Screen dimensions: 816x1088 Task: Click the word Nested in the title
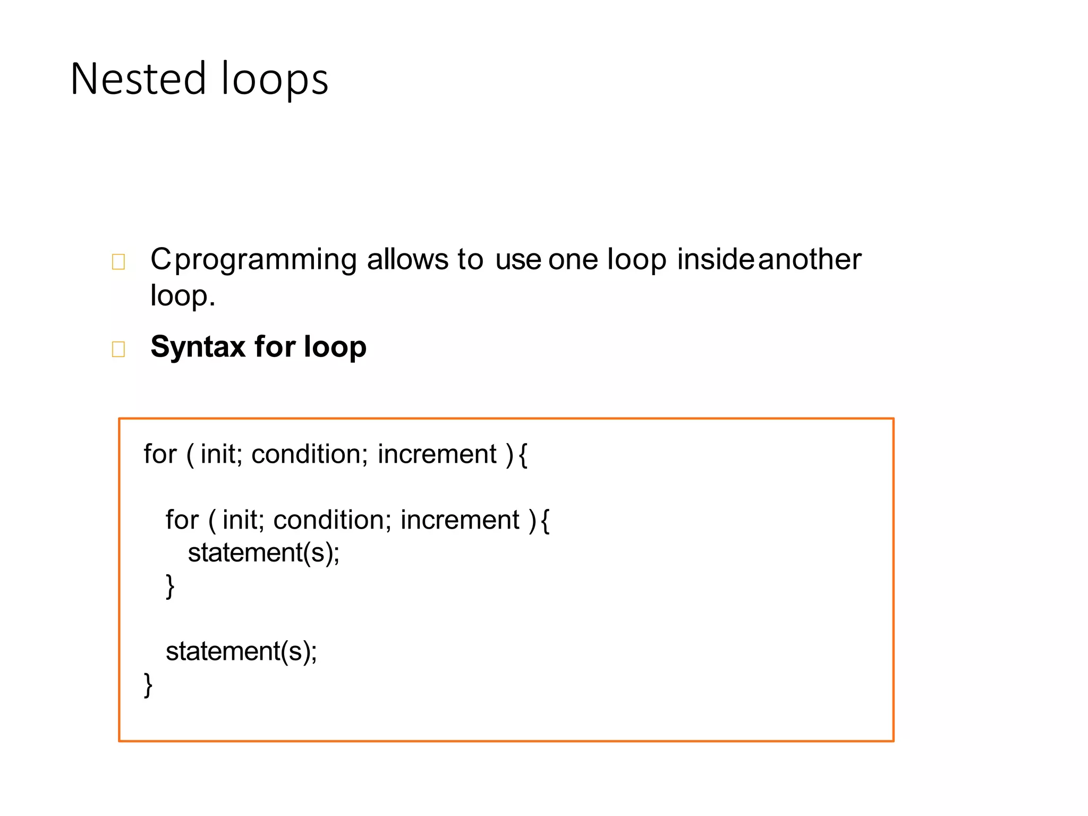[138, 79]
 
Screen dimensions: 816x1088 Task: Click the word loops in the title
[275, 79]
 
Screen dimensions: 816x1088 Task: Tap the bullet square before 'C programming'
[118, 262]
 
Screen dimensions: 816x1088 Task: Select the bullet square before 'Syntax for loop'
[118, 349]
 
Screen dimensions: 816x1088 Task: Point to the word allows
[407, 259]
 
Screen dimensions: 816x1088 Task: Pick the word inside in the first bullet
[715, 259]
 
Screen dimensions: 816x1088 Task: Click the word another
[809, 259]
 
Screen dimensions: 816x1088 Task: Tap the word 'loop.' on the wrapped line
[182, 295]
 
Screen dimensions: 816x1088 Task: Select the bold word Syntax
[198, 347]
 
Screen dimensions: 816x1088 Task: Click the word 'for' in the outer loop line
[160, 454]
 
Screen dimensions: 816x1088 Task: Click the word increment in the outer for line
[437, 454]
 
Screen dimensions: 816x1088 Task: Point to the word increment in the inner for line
[460, 520]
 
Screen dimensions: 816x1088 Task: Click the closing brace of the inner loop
[170, 586]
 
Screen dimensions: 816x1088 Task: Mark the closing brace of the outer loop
[148, 685]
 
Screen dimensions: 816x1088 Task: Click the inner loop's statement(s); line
[263, 552]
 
